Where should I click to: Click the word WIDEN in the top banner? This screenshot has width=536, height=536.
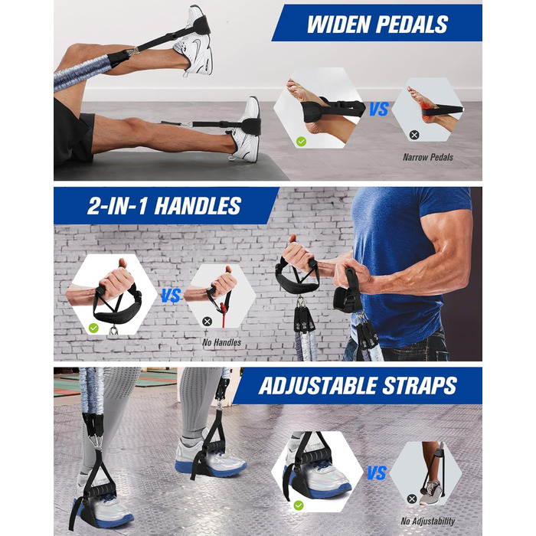338,25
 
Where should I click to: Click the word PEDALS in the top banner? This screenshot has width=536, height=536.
412,25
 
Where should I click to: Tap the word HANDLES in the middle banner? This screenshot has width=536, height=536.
198,206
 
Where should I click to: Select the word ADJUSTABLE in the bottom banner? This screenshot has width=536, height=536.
319,386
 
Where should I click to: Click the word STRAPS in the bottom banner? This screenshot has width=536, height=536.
420,386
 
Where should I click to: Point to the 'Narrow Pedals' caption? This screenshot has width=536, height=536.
428,157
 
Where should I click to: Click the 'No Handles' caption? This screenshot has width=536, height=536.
221,342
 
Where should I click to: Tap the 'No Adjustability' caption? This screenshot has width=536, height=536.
427,521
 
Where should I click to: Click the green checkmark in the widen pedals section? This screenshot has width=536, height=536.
301,141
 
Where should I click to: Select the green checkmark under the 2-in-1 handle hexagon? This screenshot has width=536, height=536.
93,328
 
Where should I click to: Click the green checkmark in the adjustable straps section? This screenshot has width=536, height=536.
299,505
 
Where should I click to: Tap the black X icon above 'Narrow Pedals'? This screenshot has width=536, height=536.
414,135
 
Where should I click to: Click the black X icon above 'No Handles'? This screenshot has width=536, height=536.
208,322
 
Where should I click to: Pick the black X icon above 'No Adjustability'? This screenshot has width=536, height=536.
412,499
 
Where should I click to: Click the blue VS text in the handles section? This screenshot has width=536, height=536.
171,296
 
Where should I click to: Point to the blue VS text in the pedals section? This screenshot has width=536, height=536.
379,109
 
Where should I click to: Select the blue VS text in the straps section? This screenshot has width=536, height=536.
377,473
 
